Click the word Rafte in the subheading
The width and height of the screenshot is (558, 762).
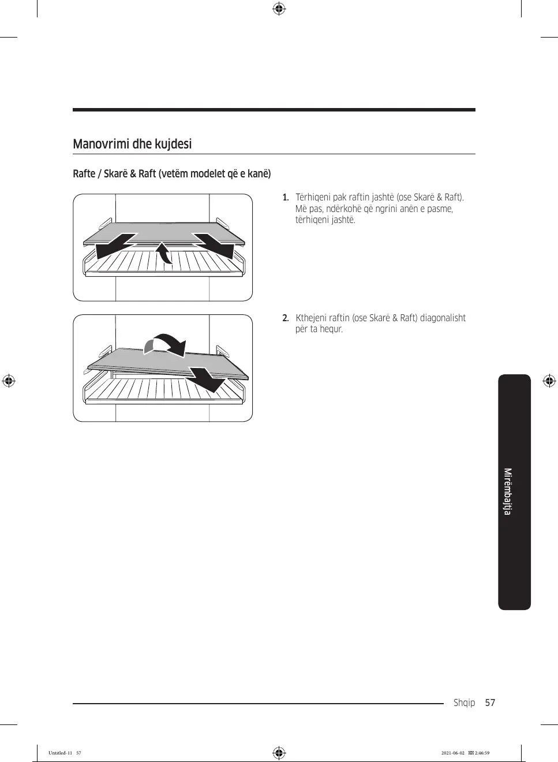84,174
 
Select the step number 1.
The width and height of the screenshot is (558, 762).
285,198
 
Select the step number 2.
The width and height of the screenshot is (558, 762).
285,318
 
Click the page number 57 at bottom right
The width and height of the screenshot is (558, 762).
490,702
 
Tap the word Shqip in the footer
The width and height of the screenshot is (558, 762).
464,702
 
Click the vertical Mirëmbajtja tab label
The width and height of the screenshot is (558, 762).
508,492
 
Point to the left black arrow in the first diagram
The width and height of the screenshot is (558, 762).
115,246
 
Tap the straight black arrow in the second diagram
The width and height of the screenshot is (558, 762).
207,379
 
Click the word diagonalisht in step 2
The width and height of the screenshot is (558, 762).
443,318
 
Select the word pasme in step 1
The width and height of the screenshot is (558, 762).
440,209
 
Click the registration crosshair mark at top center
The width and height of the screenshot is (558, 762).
279,9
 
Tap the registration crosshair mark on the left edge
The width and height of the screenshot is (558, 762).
8,381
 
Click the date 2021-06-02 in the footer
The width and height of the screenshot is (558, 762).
452,753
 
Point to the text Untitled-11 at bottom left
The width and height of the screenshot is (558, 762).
61,753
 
